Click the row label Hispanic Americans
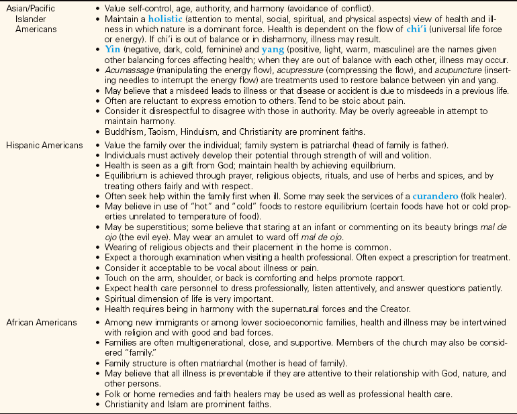coord(47,145)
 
